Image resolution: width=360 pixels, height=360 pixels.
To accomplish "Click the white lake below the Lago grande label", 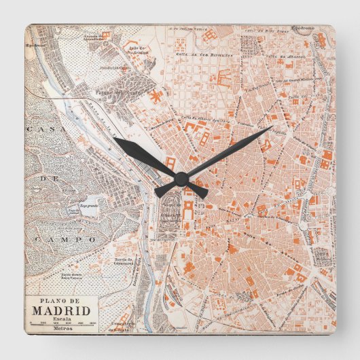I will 88,212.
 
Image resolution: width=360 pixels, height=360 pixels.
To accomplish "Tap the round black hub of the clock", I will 181,179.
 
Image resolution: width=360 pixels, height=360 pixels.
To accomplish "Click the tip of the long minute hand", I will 272,126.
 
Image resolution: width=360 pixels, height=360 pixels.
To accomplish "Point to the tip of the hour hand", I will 115,139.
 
